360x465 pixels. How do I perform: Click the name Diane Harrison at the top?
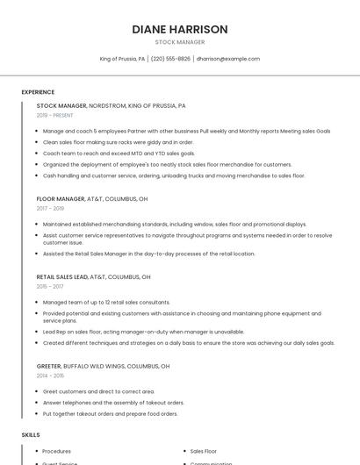coord(180,29)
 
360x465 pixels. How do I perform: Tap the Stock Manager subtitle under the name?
coord(180,42)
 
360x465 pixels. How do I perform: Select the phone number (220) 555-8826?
coord(170,59)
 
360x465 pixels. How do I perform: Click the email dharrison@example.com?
coord(228,59)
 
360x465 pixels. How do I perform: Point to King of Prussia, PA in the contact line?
coord(122,59)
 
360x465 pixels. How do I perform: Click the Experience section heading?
coord(38,92)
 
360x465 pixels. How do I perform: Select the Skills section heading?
coord(31,434)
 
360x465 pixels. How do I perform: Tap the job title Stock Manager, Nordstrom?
coord(111,105)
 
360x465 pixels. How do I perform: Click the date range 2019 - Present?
coord(54,115)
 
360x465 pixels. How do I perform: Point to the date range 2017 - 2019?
coord(50,209)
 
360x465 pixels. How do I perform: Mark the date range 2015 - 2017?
coord(50,286)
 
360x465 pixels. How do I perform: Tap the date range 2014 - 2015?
coord(50,376)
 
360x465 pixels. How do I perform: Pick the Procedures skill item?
coord(57,451)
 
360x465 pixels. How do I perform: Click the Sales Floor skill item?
coord(204,451)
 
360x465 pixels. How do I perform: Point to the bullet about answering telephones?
coord(113,402)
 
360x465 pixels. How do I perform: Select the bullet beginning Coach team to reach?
coord(119,153)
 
